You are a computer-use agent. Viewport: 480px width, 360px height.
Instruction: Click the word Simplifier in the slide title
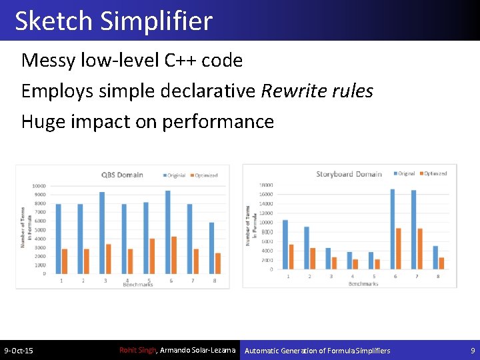[157, 21]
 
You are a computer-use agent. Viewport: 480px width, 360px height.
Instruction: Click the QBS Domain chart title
[123, 175]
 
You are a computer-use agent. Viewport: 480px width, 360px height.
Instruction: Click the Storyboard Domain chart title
[349, 174]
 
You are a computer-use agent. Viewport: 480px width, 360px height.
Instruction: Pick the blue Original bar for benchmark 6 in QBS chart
[167, 231]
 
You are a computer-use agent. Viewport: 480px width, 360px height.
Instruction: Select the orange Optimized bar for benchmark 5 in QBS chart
[152, 256]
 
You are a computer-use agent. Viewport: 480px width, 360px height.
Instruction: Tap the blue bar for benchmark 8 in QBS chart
[211, 248]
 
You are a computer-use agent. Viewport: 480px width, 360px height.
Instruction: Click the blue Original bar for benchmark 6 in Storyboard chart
[393, 229]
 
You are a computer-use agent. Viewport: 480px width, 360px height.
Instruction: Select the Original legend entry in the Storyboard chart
[405, 173]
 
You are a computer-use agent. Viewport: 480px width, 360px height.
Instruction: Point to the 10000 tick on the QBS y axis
[39, 186]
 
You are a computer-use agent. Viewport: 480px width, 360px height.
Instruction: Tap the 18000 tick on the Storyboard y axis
[266, 185]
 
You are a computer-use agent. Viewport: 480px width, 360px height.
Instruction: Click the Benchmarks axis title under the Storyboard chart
[363, 284]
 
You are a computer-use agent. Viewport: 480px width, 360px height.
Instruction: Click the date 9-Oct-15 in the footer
[19, 351]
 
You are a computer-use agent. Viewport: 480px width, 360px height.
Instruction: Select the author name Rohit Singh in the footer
[137, 350]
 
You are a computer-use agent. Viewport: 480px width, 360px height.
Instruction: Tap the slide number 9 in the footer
[473, 351]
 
